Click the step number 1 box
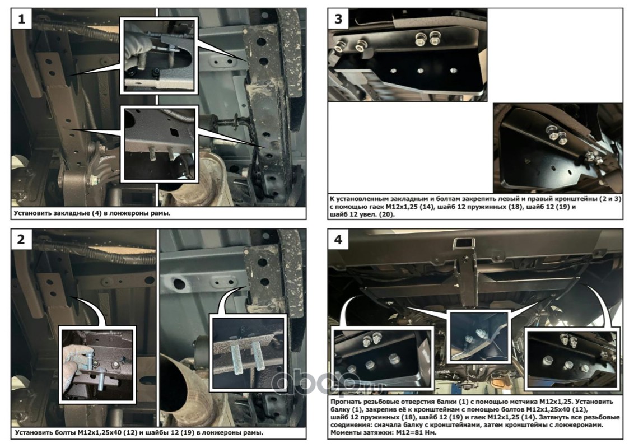[22, 18]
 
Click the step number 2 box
[22, 239]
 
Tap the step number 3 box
[338, 18]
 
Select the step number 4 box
[338, 239]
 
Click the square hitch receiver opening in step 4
[460, 244]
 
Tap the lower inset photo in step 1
[160, 144]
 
